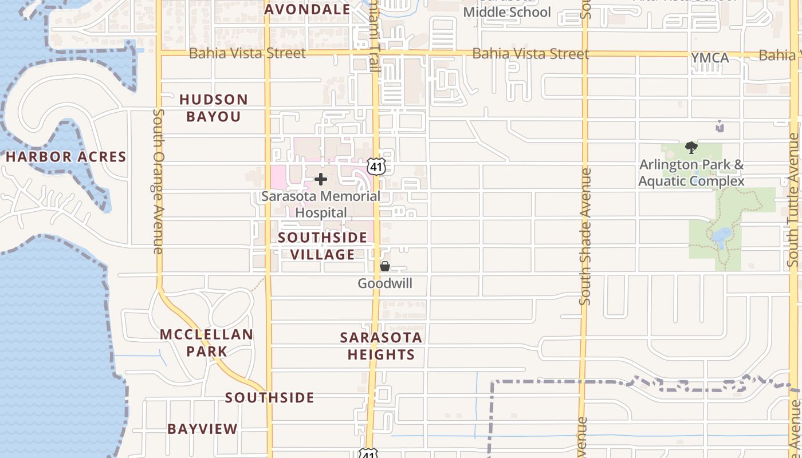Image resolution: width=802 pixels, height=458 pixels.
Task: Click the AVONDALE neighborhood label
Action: tap(308, 9)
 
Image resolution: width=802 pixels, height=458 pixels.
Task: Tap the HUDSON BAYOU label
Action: tap(214, 108)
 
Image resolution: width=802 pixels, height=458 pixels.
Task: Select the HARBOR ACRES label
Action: tap(66, 157)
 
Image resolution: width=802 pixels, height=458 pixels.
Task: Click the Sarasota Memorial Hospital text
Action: tap(321, 204)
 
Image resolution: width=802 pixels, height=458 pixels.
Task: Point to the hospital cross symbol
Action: tap(321, 180)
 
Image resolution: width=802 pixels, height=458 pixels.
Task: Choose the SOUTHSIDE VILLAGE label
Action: tap(323, 246)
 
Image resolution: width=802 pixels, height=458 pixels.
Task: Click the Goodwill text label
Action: tap(385, 283)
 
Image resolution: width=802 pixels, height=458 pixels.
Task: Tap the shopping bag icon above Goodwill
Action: tap(385, 266)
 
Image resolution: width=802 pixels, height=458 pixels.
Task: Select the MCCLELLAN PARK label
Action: tap(206, 343)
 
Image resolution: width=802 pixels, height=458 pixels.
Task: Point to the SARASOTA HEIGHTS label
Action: tap(381, 346)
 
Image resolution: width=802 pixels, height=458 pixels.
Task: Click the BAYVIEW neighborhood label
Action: tap(202, 429)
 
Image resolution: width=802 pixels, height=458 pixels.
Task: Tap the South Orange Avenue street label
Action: tap(159, 181)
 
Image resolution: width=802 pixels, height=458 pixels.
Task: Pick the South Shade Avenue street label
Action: tap(585, 236)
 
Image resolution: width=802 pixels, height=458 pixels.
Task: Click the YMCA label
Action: tap(710, 58)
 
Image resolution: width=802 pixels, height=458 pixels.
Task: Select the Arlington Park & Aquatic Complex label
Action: tap(691, 173)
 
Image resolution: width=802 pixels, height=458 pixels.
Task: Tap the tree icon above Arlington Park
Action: tap(691, 148)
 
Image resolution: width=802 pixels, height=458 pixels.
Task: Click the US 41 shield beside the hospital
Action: tap(376, 167)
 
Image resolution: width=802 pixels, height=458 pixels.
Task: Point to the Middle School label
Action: tap(507, 12)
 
